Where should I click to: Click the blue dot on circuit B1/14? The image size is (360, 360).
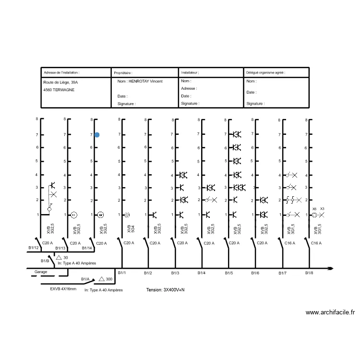(97, 135)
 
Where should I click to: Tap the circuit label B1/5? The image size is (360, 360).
(229, 273)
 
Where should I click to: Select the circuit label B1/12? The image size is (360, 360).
(33, 248)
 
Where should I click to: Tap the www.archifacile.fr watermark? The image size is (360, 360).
(330, 312)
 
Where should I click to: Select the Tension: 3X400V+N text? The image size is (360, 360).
(166, 290)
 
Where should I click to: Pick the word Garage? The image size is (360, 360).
(41, 272)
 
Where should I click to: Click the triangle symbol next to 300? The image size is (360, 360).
(101, 279)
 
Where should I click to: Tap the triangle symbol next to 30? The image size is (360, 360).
(59, 258)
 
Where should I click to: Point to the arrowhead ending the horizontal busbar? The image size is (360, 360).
(330, 268)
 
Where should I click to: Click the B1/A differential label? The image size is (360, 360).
(85, 279)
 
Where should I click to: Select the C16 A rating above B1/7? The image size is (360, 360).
(289, 243)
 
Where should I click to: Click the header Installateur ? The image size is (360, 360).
(190, 72)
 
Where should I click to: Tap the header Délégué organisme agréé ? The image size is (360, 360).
(265, 72)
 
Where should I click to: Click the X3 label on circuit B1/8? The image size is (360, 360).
(322, 209)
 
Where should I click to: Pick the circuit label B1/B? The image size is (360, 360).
(45, 261)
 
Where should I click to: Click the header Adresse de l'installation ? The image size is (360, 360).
(61, 73)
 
